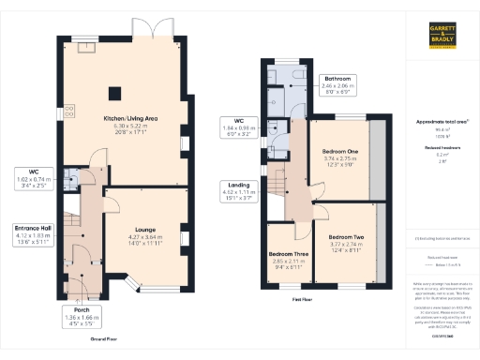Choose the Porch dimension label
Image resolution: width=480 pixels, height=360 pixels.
(x=79, y=314)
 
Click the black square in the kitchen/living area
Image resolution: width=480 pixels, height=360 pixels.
(x=115, y=93)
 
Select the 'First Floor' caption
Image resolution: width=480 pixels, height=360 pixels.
(x=302, y=298)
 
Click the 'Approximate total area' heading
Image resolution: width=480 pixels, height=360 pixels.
(x=442, y=122)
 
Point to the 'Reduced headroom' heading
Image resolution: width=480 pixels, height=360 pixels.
(x=442, y=148)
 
